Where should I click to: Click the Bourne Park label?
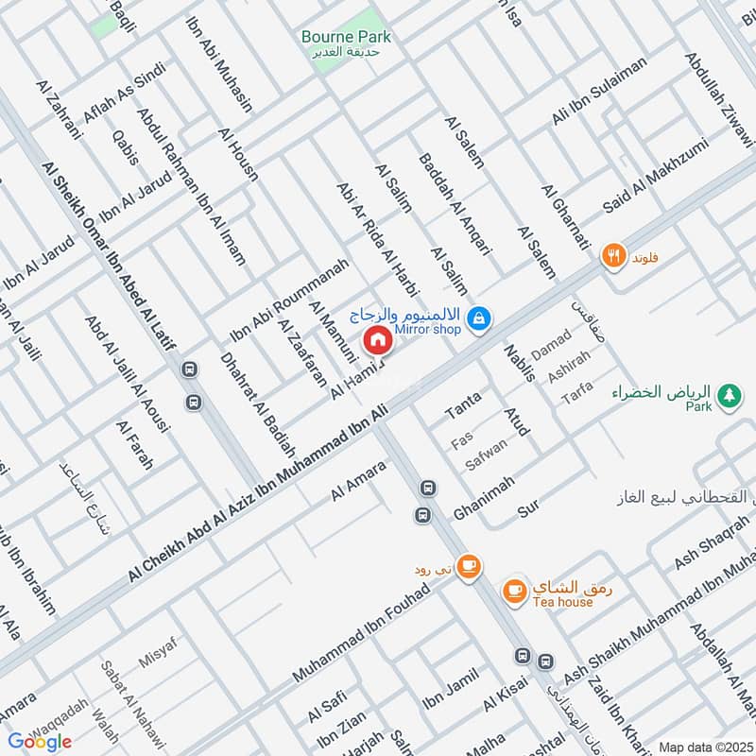346,37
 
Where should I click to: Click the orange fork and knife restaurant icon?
615,255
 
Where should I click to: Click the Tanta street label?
463,404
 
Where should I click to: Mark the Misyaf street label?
158,653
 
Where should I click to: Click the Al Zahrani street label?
60,109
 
